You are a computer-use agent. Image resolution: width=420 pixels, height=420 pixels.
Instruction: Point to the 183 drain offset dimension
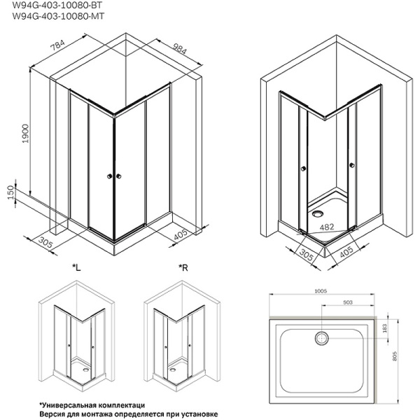click(401, 328)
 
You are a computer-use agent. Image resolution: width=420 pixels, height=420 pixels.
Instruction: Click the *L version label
click(76, 268)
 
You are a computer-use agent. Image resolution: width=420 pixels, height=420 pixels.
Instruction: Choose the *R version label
click(183, 268)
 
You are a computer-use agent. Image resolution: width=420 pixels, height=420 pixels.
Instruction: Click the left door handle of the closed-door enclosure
click(109, 177)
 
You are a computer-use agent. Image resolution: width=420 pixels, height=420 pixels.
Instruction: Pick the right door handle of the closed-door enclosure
click(119, 177)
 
